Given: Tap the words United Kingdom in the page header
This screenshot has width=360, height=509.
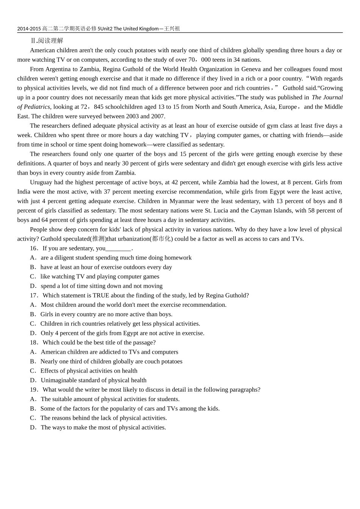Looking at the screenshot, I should coord(141,28).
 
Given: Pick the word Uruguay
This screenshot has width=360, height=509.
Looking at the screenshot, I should coord(41,182).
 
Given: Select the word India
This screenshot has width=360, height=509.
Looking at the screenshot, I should coord(25,192).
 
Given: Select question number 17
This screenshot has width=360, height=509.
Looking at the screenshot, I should coord(34,295).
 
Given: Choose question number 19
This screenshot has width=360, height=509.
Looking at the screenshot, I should coord(34,390).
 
